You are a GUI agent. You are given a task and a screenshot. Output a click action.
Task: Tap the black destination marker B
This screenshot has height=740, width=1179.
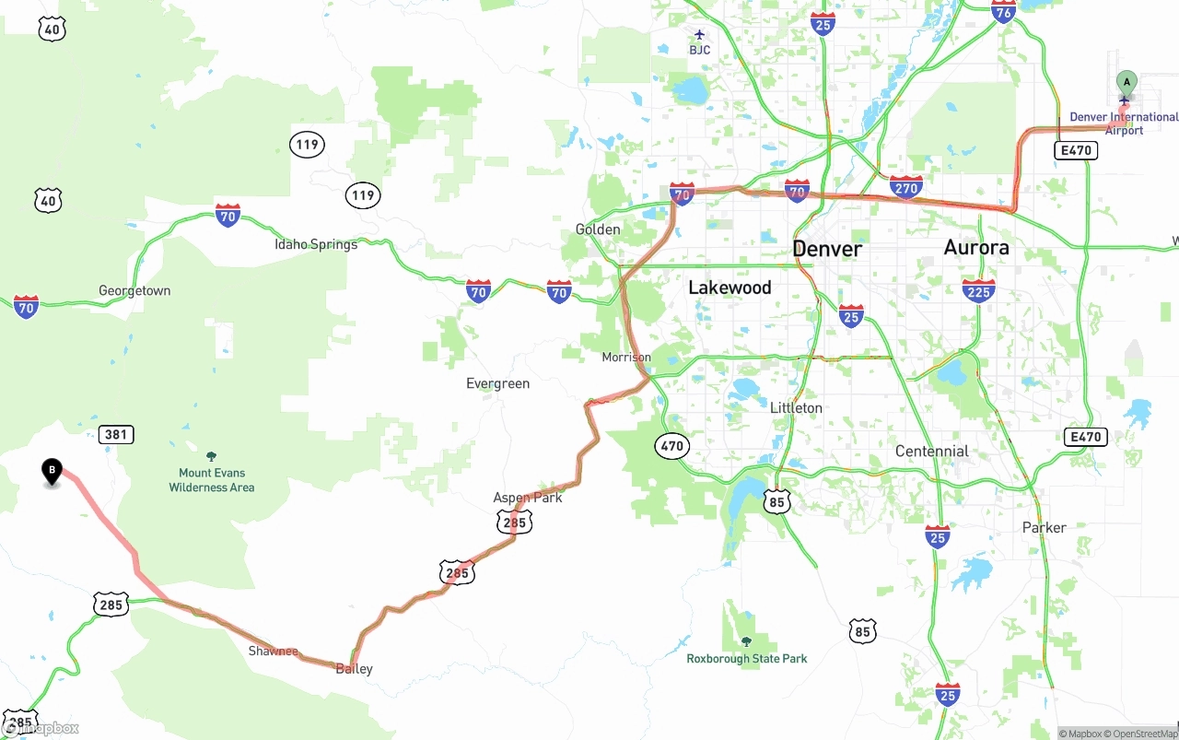[53, 472]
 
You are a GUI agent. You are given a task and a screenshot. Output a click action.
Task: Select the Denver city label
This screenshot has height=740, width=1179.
[827, 249]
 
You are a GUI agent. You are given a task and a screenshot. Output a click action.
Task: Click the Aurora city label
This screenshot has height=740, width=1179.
[976, 247]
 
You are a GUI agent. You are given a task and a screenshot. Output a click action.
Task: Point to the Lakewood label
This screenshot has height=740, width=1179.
[730, 288]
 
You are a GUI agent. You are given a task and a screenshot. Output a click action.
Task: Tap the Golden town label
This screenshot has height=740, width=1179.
[598, 229]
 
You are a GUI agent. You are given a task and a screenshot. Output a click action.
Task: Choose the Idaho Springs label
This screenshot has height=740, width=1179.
[316, 244]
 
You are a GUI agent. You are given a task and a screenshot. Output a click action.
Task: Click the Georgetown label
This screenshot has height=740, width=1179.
[134, 290]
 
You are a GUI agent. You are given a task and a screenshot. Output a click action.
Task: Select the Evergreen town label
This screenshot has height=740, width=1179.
[497, 383]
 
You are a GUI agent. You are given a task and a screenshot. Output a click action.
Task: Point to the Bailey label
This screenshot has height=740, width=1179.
[355, 669]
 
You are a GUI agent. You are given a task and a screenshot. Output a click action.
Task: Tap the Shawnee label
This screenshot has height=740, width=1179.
[273, 652]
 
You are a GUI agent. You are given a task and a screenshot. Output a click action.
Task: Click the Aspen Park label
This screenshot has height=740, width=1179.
[528, 498]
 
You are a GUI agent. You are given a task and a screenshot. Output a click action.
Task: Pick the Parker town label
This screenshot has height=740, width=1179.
[1044, 527]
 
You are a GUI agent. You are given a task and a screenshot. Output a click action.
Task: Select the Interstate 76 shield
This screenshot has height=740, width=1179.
[1004, 11]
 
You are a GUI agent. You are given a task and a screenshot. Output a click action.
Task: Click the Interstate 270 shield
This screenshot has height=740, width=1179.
[906, 188]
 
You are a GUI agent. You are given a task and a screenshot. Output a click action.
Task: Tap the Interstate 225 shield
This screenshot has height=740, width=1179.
[978, 291]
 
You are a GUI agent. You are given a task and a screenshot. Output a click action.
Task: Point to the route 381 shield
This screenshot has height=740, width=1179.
[117, 434]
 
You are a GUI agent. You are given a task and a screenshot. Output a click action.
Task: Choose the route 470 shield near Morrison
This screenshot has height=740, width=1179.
[672, 446]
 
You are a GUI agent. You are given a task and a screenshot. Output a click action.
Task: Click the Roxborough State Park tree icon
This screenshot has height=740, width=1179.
[746, 641]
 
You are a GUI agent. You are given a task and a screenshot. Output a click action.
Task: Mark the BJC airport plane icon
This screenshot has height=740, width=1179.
[700, 35]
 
